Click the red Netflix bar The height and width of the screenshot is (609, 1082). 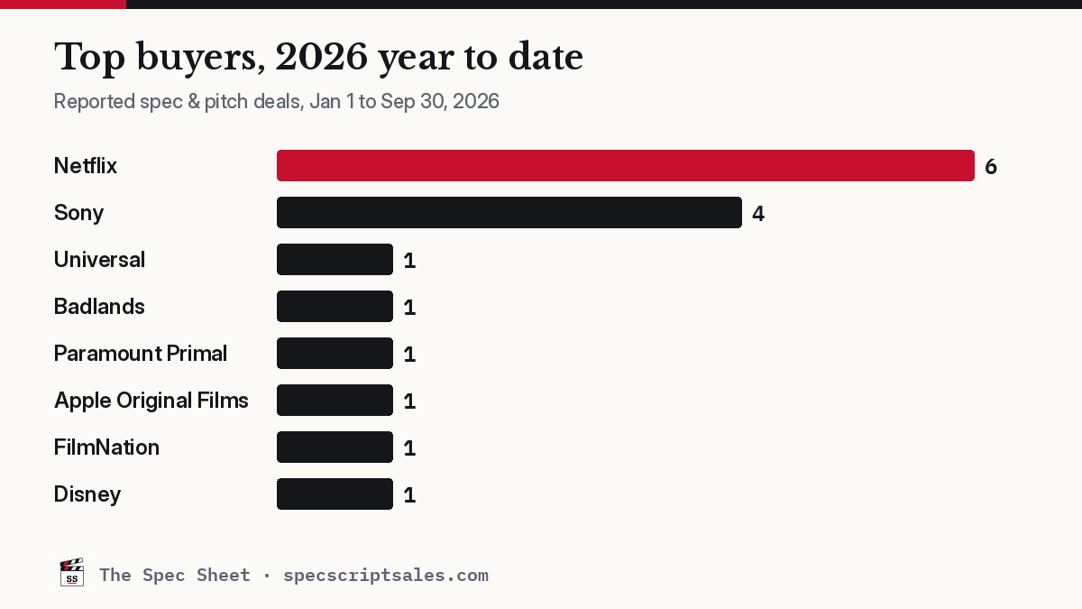pos(626,166)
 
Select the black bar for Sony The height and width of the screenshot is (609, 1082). pos(509,213)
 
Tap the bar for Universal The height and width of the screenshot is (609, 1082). pos(335,260)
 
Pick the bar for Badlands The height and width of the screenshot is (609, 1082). pos(335,307)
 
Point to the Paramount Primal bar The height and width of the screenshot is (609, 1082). pos(335,354)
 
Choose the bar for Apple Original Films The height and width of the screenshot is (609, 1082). pos(335,401)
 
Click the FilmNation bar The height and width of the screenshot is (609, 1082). pos(335,448)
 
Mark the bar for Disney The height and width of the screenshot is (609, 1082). pos(335,494)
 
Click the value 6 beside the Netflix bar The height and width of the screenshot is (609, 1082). pos(991,167)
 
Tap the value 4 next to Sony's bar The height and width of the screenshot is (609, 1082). pos(758,214)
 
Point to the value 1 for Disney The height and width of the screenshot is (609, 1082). pos(409,495)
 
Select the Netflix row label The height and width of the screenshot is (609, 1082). pos(86,166)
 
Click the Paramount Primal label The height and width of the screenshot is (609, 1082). pos(141,354)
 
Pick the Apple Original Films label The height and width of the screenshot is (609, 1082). pos(151,401)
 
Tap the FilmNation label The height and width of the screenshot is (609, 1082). pos(106,448)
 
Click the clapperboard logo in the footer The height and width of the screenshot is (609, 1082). pos(71,572)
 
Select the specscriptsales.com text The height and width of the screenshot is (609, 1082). pos(386,576)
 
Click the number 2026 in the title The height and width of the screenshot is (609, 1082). pos(321,58)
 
